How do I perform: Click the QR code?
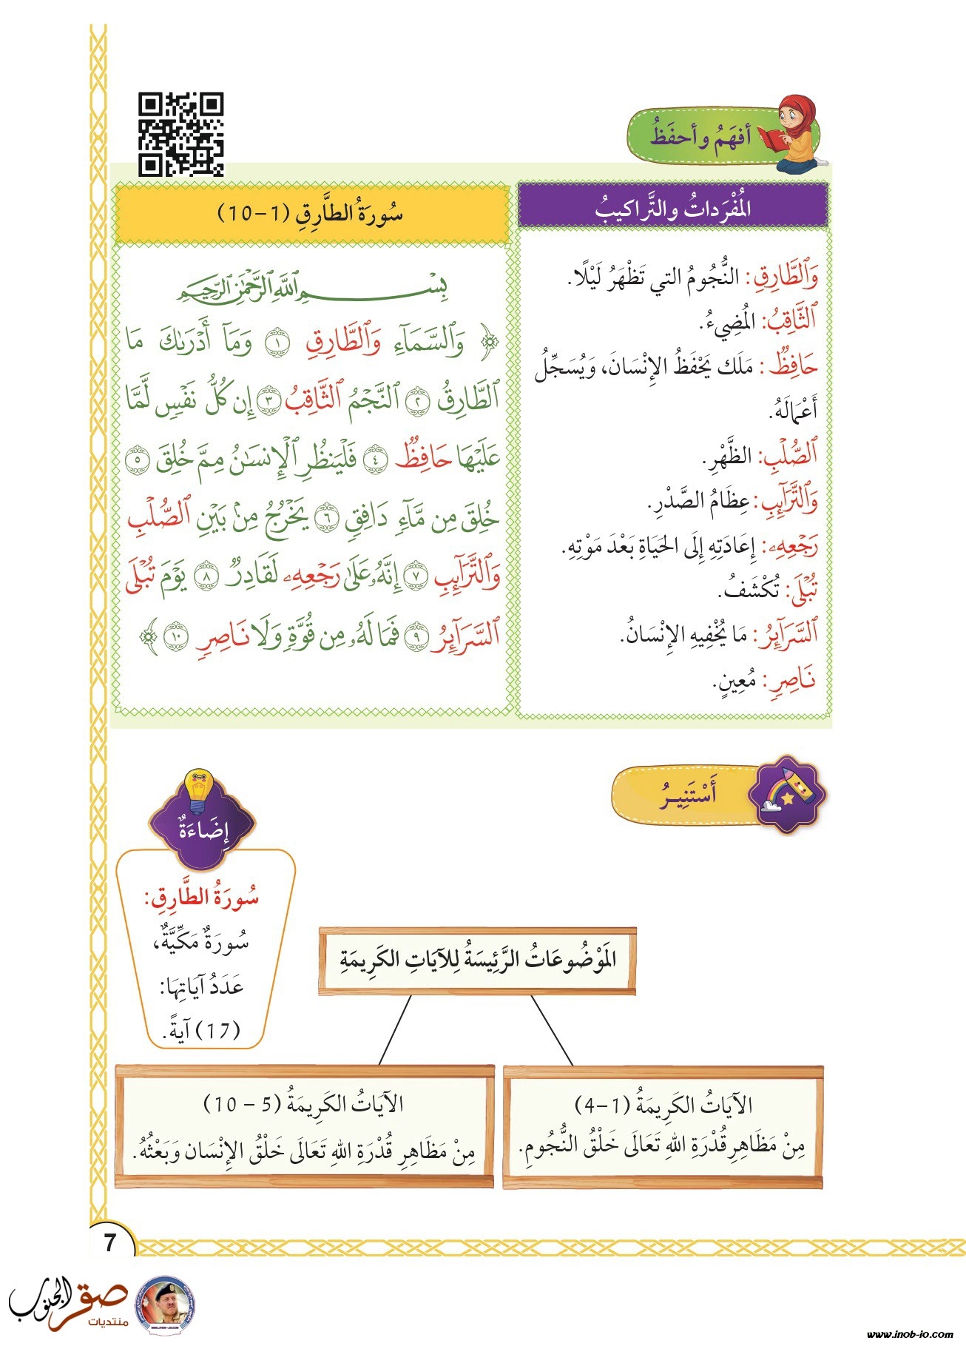(181, 134)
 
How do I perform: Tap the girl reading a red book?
(795, 133)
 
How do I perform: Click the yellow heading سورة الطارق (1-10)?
(311, 215)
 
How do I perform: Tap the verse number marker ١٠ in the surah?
(175, 636)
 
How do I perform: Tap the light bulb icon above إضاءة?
(200, 790)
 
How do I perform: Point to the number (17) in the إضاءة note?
(219, 1030)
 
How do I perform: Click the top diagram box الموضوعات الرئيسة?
(478, 960)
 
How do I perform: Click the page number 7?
(111, 1242)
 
